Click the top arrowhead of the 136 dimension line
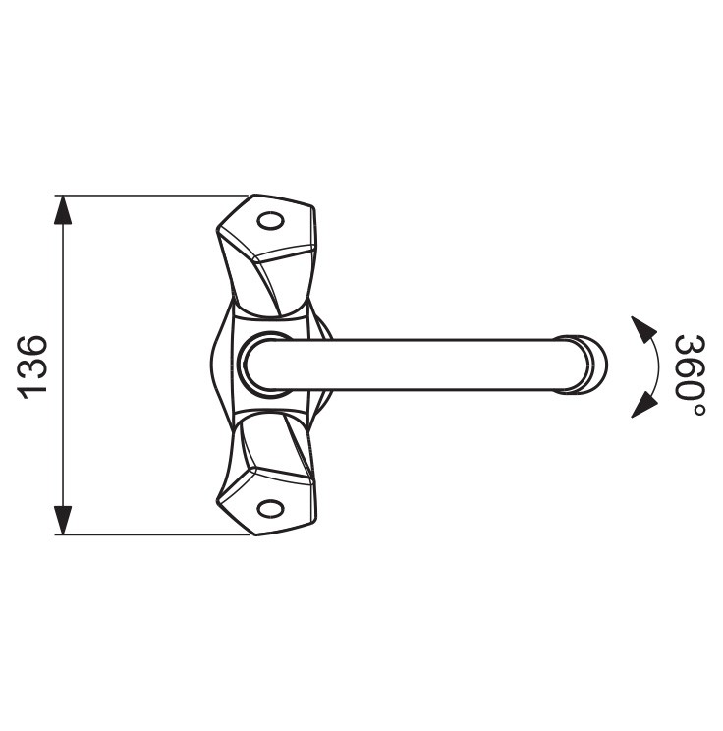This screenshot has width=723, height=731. [x=64, y=210]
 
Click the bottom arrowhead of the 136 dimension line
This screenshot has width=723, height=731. [x=64, y=520]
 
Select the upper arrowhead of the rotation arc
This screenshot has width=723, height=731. [x=643, y=329]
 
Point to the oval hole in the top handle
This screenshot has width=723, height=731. [x=271, y=221]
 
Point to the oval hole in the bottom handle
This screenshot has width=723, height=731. [x=271, y=509]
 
